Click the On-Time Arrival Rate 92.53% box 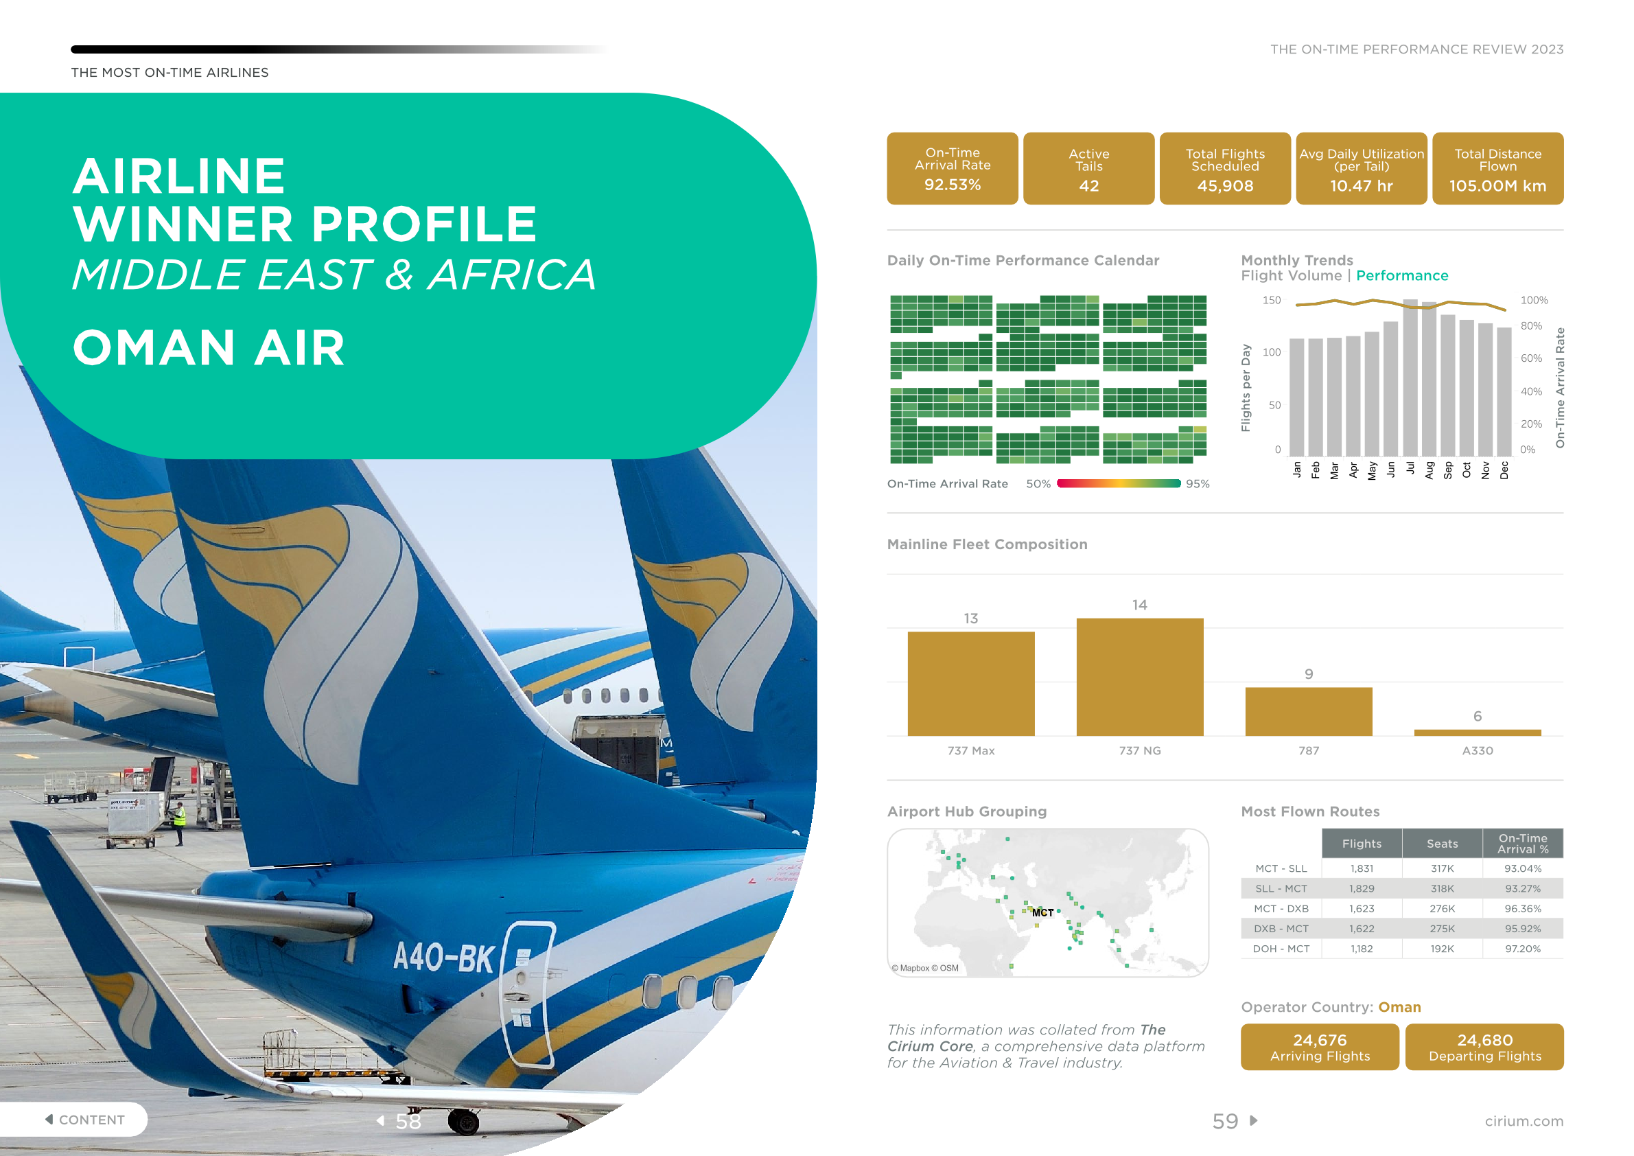(x=953, y=169)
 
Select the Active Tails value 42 (x=1089, y=186)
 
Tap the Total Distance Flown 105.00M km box (x=1497, y=169)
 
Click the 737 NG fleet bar (x=1139, y=677)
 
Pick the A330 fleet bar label (x=1478, y=750)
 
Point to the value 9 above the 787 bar (x=1308, y=673)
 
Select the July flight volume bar (x=1410, y=378)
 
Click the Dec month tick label (x=1504, y=470)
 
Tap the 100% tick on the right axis (x=1534, y=301)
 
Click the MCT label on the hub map (x=1042, y=912)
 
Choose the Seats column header (x=1442, y=844)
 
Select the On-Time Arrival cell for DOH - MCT (x=1522, y=949)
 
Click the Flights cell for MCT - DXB (x=1362, y=909)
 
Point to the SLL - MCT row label (x=1281, y=888)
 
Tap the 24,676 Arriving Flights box (x=1320, y=1047)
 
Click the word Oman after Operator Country (x=1399, y=1007)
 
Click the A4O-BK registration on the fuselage (x=444, y=957)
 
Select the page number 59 (x=1225, y=1121)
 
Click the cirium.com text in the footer (x=1524, y=1121)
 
